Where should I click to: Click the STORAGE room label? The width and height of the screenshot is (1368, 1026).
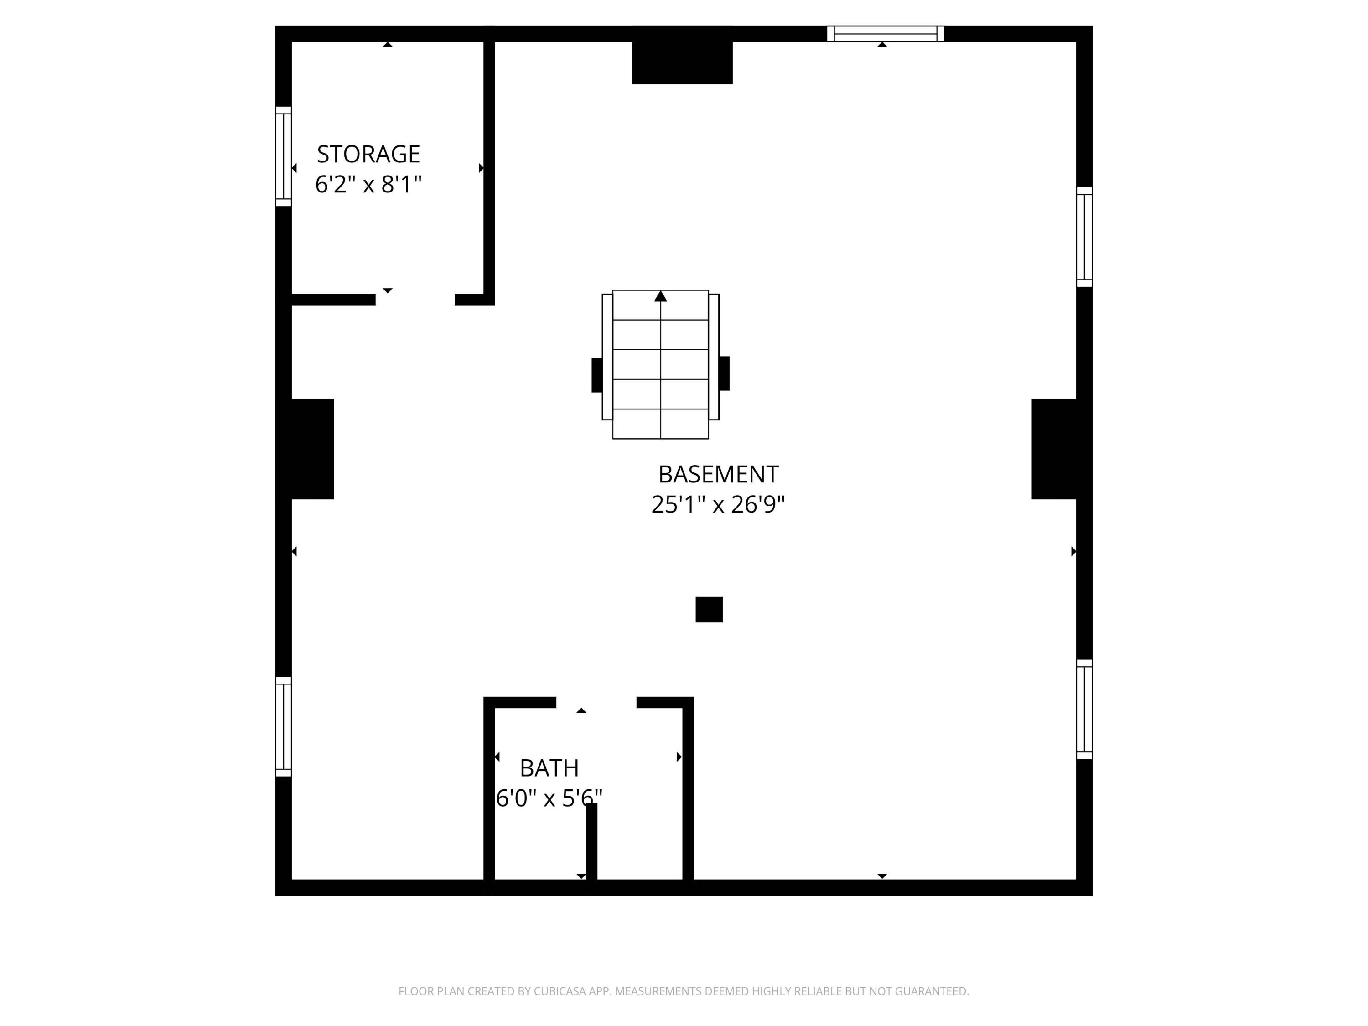pyautogui.click(x=368, y=154)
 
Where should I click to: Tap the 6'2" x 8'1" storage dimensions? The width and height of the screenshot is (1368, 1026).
pyautogui.click(x=368, y=184)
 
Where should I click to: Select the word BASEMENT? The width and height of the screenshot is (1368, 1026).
pyautogui.click(x=718, y=474)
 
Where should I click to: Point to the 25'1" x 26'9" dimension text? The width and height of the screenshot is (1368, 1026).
pyautogui.click(x=718, y=505)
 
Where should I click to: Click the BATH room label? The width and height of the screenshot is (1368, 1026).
pyautogui.click(x=549, y=768)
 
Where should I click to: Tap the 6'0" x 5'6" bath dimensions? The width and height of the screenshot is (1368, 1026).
pyautogui.click(x=549, y=798)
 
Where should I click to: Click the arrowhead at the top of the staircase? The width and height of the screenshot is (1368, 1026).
pyautogui.click(x=660, y=297)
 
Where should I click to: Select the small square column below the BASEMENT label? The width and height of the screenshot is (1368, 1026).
pyautogui.click(x=709, y=609)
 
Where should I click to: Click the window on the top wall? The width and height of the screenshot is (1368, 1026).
pyautogui.click(x=885, y=34)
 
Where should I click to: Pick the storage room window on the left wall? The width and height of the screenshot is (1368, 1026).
pyautogui.click(x=283, y=156)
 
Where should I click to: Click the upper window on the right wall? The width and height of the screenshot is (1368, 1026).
pyautogui.click(x=1084, y=237)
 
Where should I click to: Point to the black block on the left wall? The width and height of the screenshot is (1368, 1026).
pyautogui.click(x=311, y=449)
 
